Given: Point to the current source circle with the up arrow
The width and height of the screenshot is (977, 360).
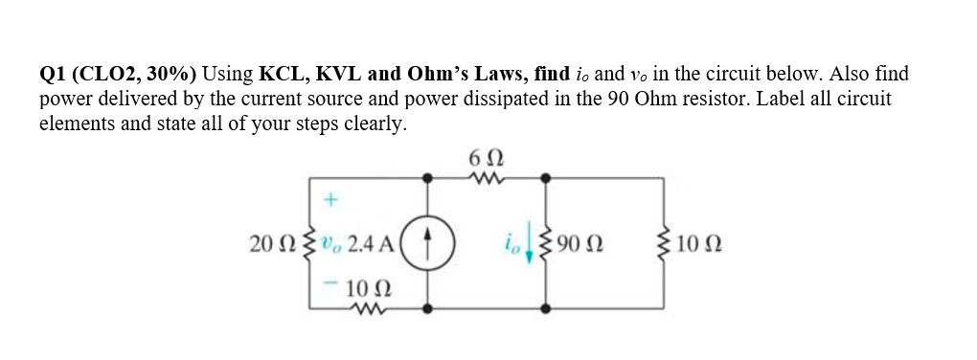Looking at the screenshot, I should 428,243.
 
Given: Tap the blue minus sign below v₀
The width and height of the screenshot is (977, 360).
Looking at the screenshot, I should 329,284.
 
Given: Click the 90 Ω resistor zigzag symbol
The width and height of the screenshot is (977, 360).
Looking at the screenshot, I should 548,243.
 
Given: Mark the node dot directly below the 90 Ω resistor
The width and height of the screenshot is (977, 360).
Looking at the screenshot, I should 547,308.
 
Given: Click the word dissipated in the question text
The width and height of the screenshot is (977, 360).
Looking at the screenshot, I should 536,100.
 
